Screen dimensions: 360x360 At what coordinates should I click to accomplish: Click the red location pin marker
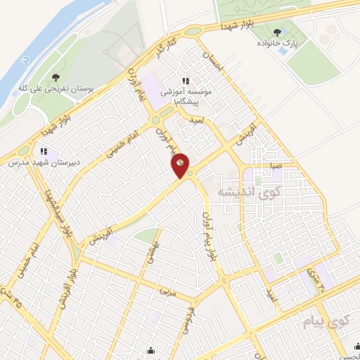(181, 164)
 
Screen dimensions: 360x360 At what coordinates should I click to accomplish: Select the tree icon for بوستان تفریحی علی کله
(56, 77)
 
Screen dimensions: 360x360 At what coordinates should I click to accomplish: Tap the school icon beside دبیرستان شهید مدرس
(44, 150)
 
